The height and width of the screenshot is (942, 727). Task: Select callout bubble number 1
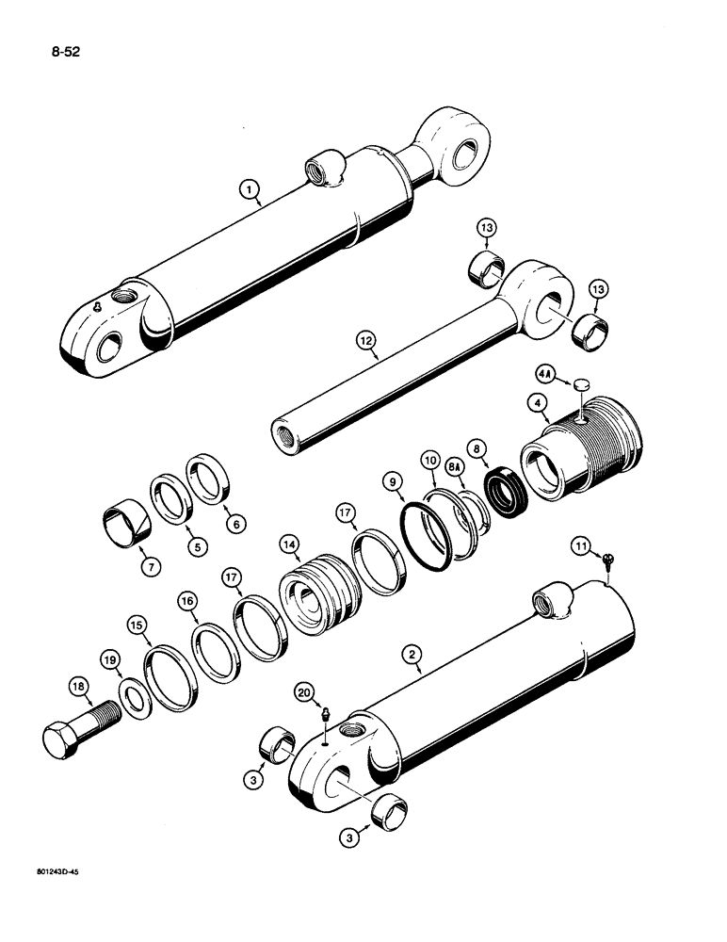tap(249, 192)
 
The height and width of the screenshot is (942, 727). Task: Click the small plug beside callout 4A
tap(580, 383)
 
